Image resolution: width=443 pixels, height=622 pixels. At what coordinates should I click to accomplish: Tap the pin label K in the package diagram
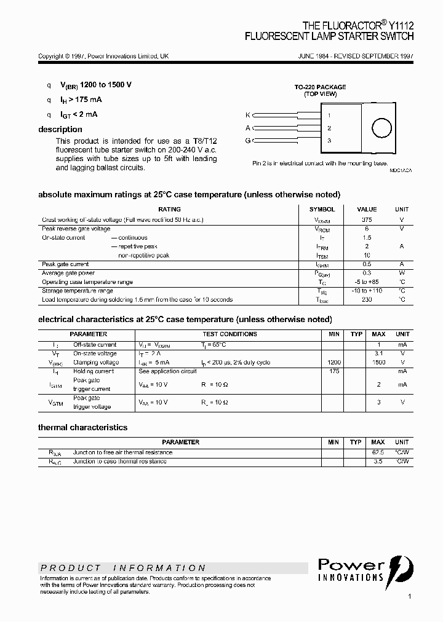248,115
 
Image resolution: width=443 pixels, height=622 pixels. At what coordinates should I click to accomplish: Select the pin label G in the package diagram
248,141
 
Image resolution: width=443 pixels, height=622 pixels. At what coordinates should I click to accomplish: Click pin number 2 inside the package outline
329,128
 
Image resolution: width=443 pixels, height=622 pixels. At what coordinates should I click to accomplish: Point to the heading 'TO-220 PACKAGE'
320,87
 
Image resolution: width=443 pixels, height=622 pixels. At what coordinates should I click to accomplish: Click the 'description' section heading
60,129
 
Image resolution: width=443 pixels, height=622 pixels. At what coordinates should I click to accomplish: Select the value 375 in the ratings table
367,219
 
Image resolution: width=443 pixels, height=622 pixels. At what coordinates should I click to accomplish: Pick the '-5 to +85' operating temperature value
367,282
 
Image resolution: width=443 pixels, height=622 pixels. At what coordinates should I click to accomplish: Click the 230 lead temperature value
367,300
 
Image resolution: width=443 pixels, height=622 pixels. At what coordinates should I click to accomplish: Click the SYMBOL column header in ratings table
322,210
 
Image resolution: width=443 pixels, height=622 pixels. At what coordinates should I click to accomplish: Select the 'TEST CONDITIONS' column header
229,334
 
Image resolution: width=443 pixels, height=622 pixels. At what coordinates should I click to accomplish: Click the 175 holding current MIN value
334,371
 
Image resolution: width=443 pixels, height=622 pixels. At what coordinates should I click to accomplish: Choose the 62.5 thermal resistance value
378,452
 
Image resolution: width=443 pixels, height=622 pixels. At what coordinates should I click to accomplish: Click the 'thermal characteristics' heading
83,427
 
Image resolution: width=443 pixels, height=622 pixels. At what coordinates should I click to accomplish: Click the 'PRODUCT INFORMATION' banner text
124,568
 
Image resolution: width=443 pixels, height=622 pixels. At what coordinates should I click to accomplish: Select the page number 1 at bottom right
410,596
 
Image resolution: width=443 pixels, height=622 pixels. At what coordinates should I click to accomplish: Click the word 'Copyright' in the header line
50,56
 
